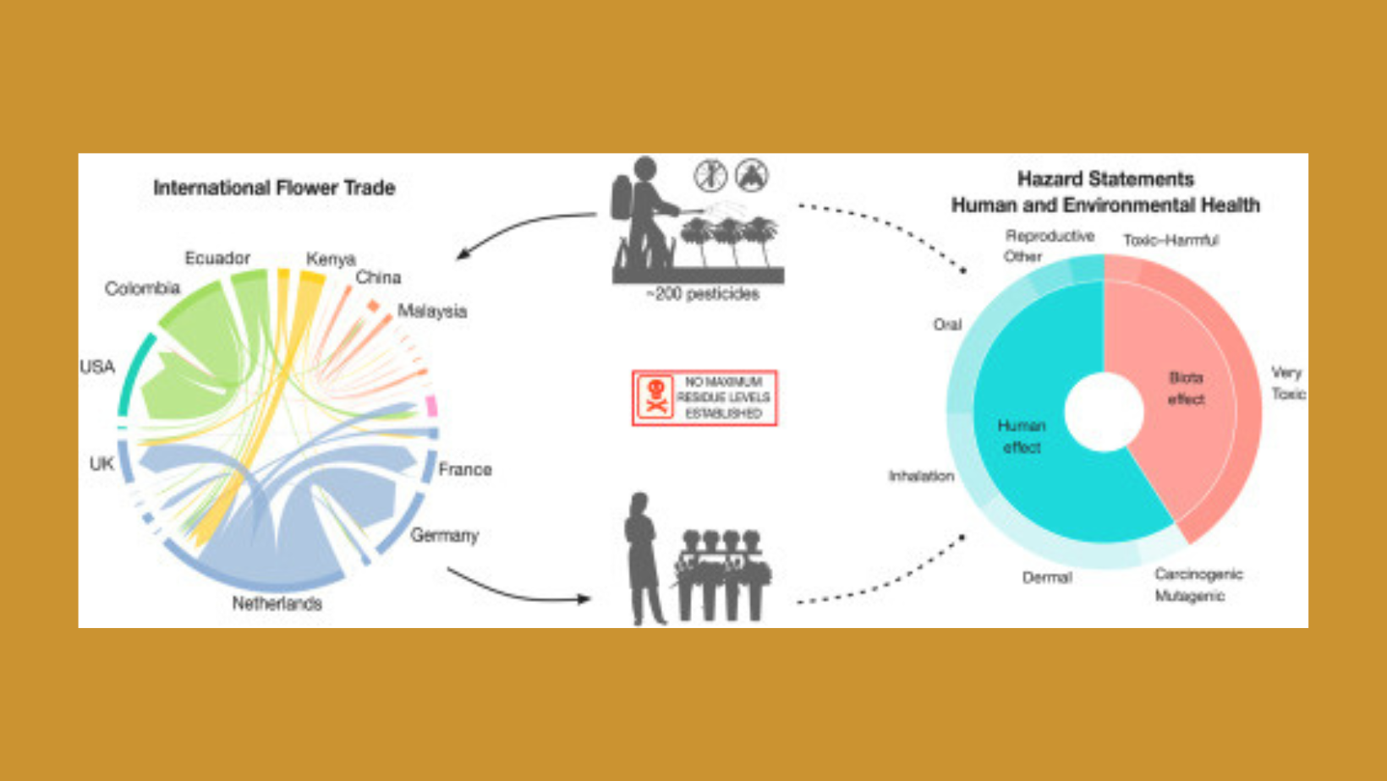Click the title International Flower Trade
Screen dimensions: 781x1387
pyautogui.click(x=274, y=188)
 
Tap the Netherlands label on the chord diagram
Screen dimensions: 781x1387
pyautogui.click(x=277, y=603)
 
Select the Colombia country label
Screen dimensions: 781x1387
pyautogui.click(x=142, y=288)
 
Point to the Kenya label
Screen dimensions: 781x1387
pyautogui.click(x=331, y=259)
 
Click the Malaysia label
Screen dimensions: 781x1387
pyautogui.click(x=431, y=311)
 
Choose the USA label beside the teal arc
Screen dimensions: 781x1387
pyautogui.click(x=97, y=367)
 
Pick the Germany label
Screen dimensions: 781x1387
pyautogui.click(x=444, y=535)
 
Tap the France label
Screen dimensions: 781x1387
pyautogui.click(x=464, y=469)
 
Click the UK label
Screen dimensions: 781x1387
pyautogui.click(x=101, y=463)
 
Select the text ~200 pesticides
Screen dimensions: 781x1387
pyautogui.click(x=702, y=294)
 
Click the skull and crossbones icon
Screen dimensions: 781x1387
pyautogui.click(x=655, y=397)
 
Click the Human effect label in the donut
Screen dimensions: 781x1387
pyautogui.click(x=1022, y=436)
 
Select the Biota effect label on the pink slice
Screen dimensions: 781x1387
pyautogui.click(x=1186, y=388)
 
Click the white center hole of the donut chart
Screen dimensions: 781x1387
pyautogui.click(x=1104, y=412)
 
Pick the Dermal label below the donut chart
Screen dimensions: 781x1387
pyautogui.click(x=1047, y=578)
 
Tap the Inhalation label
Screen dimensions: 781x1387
pyautogui.click(x=921, y=477)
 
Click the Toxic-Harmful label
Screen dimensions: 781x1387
pyautogui.click(x=1170, y=240)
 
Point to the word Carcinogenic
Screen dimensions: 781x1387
pyautogui.click(x=1198, y=575)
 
